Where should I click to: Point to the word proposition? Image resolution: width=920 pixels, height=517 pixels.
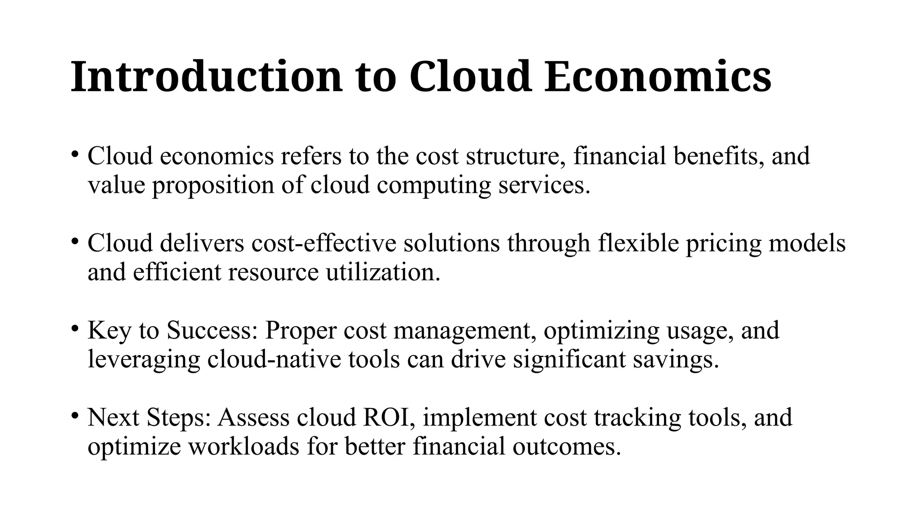coord(213,185)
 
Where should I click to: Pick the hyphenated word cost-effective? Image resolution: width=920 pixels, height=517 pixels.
coord(324,243)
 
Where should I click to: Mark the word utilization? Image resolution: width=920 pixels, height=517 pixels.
coord(383,272)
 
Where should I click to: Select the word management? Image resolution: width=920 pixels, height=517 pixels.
coord(464,331)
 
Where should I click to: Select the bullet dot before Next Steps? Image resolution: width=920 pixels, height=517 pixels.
coord(75,415)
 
